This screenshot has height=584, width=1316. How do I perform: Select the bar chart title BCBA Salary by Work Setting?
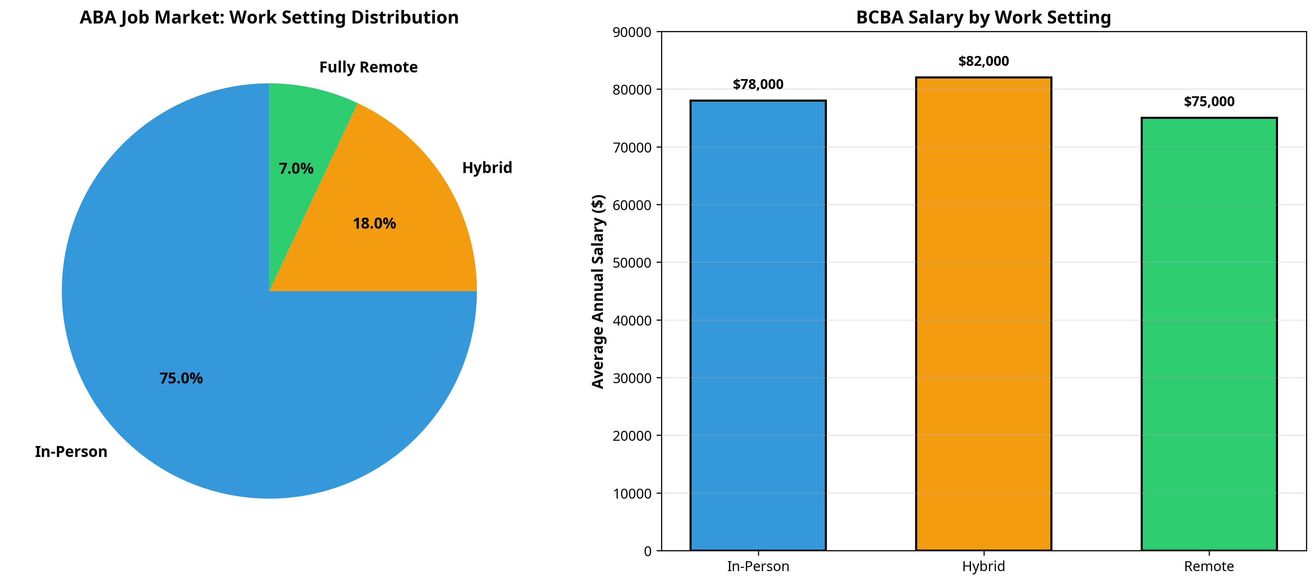(983, 18)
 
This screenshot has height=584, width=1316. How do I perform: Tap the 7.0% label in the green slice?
(296, 169)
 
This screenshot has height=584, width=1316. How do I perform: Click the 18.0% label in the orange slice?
(374, 224)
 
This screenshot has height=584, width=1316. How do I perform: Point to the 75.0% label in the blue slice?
(181, 379)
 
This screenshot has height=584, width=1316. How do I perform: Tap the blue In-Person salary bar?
(758, 327)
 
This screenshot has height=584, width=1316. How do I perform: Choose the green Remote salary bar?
(1209, 335)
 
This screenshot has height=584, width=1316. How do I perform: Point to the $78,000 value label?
(758, 85)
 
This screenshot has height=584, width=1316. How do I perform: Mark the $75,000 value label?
(1209, 102)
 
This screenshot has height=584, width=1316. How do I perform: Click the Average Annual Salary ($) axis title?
(598, 291)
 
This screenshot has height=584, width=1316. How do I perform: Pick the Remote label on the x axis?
(1209, 566)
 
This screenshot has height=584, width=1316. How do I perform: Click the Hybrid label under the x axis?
(983, 566)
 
